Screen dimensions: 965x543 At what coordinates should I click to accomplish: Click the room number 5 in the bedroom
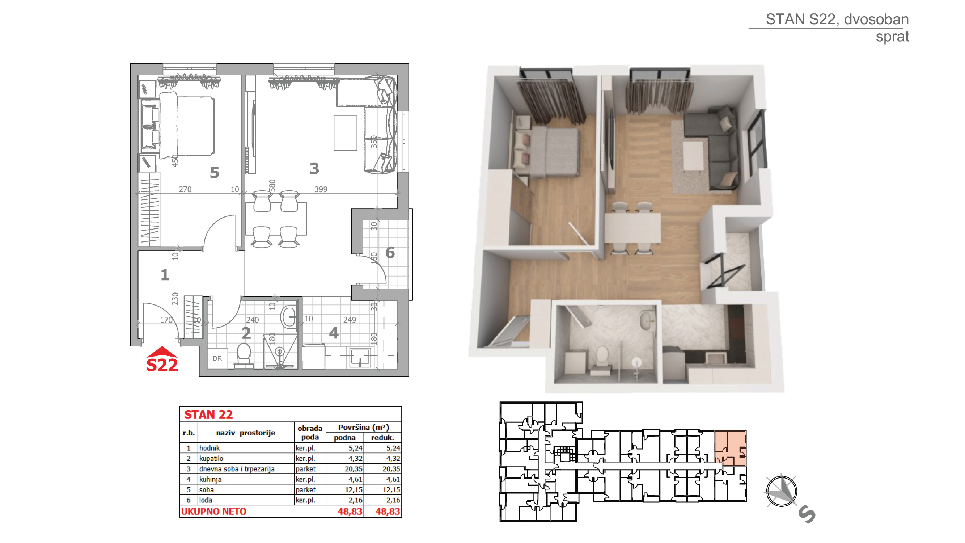(x=214, y=172)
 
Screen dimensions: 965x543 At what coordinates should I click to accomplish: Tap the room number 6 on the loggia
(x=390, y=253)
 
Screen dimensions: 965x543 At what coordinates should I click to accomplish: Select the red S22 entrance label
(x=162, y=365)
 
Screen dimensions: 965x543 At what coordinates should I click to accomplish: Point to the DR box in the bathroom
(x=217, y=358)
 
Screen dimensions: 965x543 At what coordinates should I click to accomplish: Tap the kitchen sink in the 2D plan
(x=360, y=357)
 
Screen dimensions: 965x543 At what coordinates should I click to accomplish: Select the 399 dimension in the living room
(x=321, y=189)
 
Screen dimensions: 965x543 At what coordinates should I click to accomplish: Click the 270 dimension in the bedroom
(x=185, y=189)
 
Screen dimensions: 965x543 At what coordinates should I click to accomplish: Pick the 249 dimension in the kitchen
(x=350, y=320)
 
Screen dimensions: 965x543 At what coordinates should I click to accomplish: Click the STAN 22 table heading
(x=208, y=414)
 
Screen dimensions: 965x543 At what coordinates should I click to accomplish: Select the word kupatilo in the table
(x=211, y=458)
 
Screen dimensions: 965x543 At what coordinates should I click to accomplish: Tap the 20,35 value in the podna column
(x=353, y=469)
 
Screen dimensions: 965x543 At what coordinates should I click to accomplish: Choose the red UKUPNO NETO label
(x=213, y=512)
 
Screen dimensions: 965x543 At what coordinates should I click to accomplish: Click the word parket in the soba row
(x=305, y=490)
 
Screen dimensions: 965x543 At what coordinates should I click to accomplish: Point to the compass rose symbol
(x=781, y=491)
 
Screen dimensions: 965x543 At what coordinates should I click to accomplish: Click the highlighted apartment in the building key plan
(x=731, y=448)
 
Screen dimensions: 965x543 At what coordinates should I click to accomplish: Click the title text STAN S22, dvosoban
(x=837, y=19)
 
